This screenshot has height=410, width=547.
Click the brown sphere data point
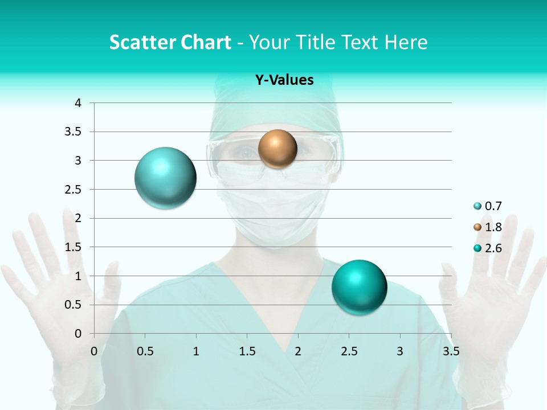277,149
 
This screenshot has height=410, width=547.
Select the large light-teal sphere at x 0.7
165,178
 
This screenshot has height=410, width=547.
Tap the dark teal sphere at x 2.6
359,287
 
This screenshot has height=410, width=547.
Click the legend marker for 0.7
477,207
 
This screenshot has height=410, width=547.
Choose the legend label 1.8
493,227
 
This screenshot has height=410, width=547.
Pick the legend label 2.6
493,248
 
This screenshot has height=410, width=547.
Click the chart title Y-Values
284,80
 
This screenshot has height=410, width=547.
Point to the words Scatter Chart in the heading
170,42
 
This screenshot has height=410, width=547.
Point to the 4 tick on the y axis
78,103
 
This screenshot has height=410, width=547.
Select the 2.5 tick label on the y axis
73,190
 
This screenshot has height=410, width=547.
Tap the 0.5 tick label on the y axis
73,305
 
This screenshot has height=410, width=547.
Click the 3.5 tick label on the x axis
451,351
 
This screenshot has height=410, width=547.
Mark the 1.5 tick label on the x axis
247,351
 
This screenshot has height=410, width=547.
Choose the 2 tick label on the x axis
298,351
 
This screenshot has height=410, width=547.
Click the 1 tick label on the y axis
78,276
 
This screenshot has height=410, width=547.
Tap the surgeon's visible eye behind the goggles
246,153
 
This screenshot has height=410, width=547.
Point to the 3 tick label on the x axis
400,351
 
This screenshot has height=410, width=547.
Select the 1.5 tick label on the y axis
73,247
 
